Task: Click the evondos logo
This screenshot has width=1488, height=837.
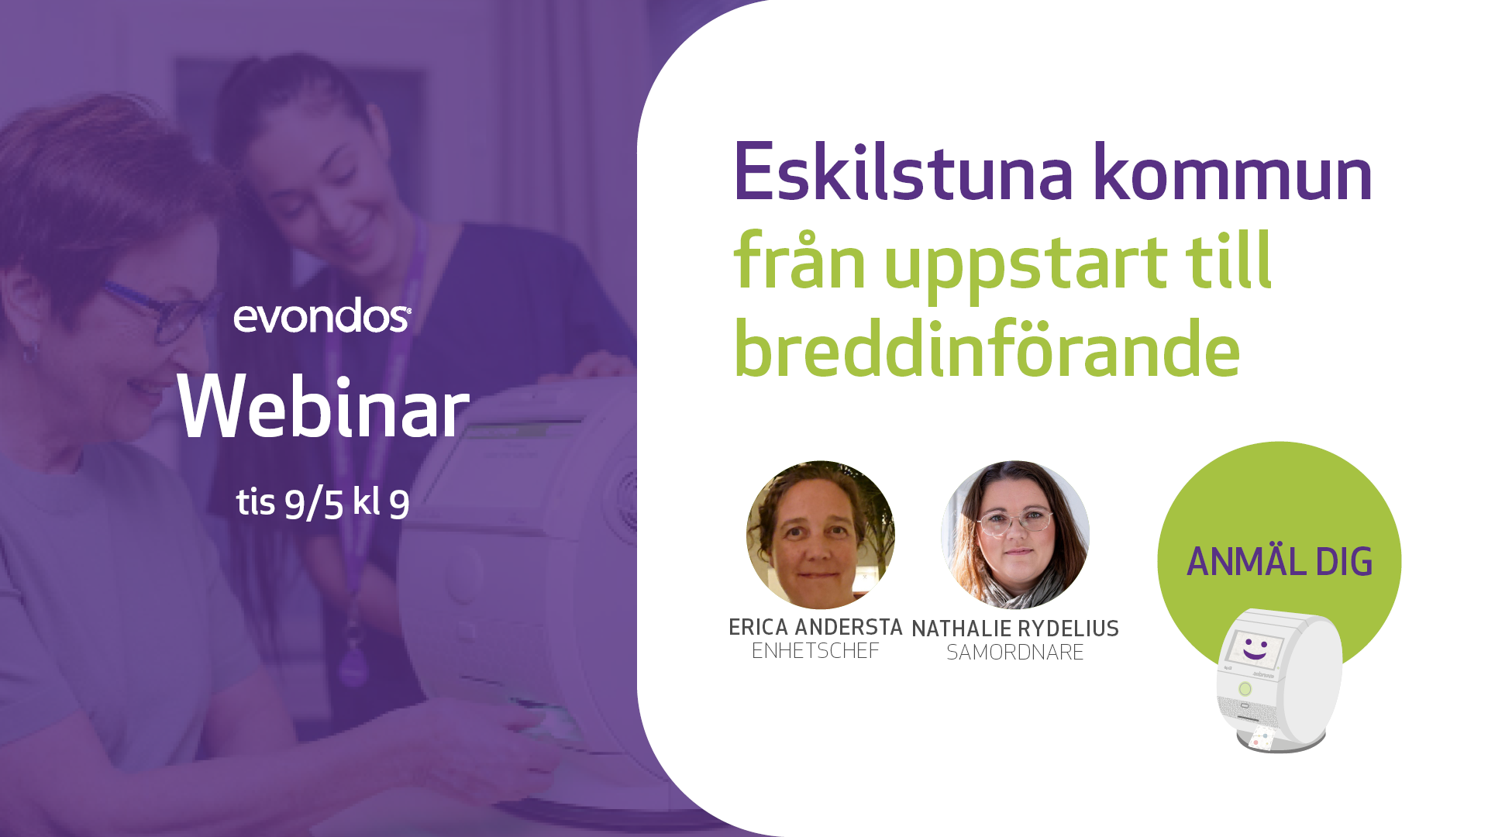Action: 322,315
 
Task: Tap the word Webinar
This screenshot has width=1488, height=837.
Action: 323,408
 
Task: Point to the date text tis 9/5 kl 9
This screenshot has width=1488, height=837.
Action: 323,503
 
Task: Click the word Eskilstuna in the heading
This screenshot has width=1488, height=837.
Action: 903,172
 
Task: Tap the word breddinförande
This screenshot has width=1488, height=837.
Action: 987,349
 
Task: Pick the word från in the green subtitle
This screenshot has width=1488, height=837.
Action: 799,260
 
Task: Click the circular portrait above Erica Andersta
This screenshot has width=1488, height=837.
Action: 821,535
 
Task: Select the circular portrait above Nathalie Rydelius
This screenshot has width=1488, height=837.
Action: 1015,535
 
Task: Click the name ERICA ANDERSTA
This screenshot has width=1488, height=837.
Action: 815,627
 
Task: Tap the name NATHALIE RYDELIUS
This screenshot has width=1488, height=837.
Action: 1015,629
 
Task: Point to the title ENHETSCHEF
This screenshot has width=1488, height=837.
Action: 815,651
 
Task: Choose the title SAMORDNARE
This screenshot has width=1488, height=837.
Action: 1015,653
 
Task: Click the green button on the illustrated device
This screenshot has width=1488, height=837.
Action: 1245,688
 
